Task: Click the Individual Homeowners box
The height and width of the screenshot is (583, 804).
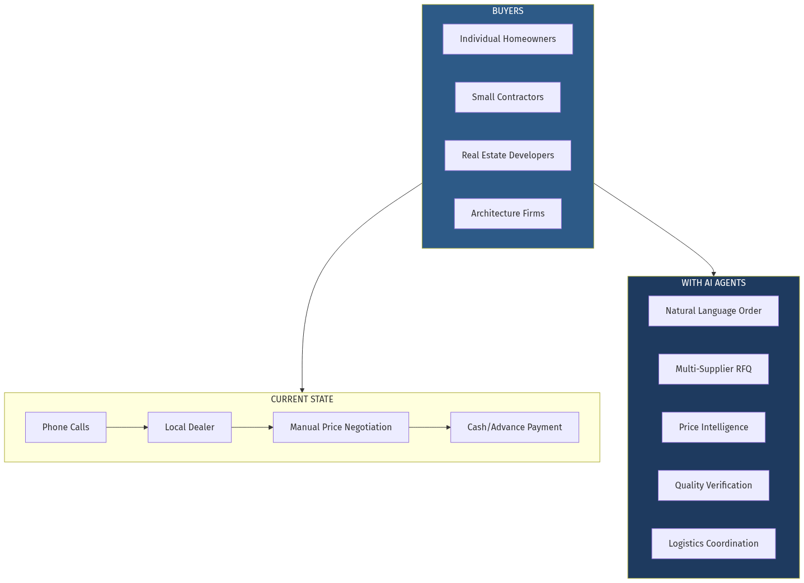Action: point(507,39)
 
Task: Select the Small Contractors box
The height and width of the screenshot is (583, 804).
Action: point(507,97)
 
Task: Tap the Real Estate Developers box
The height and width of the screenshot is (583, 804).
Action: point(507,156)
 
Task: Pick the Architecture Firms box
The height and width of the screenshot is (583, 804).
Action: point(507,214)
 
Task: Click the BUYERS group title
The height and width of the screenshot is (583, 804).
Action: point(507,11)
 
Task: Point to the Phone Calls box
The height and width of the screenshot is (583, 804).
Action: point(65,427)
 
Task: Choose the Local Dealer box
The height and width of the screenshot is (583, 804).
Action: point(190,427)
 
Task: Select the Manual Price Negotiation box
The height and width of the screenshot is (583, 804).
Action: point(341,427)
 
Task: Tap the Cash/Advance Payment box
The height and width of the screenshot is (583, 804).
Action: point(514,427)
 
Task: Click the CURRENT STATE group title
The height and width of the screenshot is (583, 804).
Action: point(302,399)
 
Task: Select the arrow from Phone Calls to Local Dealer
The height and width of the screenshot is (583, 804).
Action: point(127,427)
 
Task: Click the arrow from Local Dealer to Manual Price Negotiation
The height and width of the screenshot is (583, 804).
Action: point(252,427)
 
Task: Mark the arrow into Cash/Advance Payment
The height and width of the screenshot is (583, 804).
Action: point(430,427)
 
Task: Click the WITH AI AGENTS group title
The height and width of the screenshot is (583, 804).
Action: point(713,283)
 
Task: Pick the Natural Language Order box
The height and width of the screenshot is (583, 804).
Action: point(713,311)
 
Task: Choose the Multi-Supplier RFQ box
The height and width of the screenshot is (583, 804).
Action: point(713,369)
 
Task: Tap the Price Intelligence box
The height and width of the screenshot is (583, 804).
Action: point(713,427)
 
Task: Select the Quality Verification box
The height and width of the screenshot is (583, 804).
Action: point(713,486)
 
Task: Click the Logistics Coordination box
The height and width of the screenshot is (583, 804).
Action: point(713,544)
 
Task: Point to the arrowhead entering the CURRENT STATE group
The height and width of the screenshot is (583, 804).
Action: point(302,390)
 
